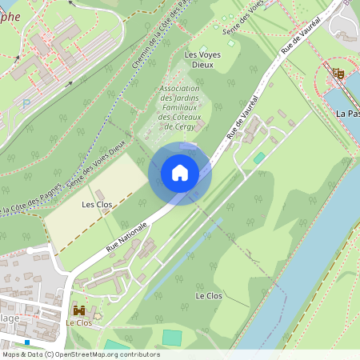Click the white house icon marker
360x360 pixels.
(x=180, y=172)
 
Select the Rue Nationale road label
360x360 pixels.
(x=127, y=237)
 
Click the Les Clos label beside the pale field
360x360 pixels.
(x=96, y=204)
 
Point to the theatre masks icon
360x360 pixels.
(x=338, y=74)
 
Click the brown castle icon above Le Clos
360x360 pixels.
(x=79, y=310)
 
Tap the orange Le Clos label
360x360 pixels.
(x=79, y=323)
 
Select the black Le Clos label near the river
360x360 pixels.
(x=208, y=295)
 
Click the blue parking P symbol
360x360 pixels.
(x=26, y=102)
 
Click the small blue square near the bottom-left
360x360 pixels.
(x=27, y=342)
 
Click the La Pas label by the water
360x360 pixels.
(x=347, y=113)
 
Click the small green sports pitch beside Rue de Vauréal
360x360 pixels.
(x=259, y=158)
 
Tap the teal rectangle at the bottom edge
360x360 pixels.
(x=172, y=338)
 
